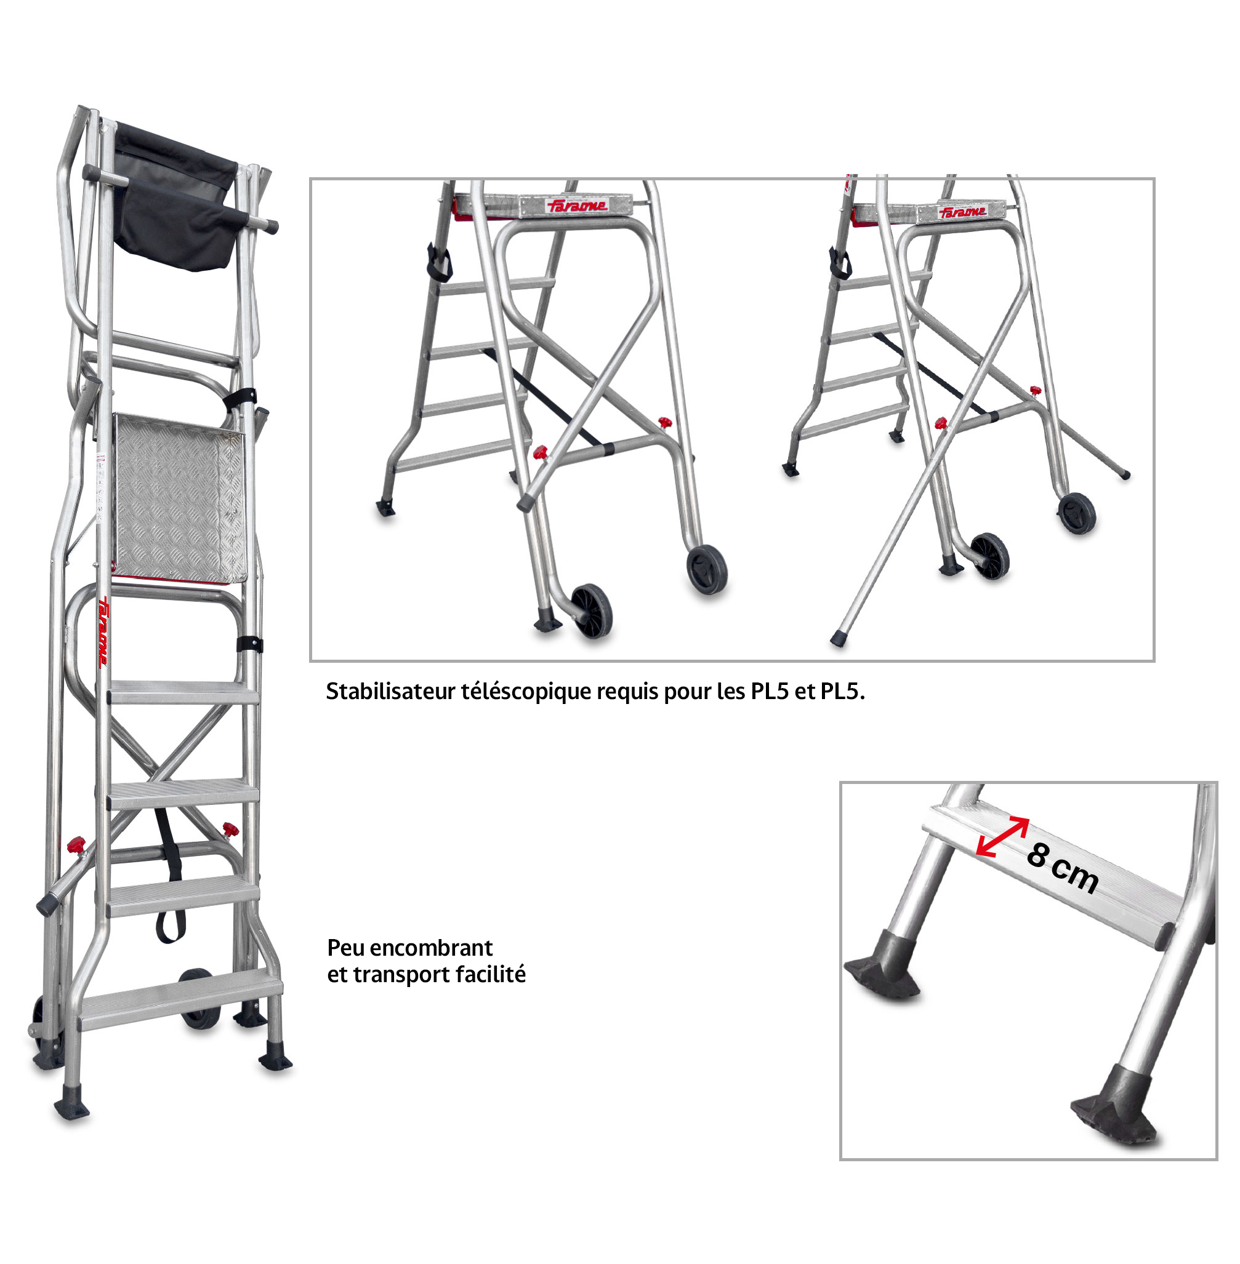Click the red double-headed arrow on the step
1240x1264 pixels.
1002,836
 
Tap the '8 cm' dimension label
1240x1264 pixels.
1062,868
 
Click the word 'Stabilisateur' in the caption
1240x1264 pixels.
390,691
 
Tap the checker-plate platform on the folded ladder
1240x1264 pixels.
180,498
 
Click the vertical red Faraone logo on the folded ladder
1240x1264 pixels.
103,631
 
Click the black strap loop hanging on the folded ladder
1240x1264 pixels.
169,876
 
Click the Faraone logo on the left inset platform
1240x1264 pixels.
577,206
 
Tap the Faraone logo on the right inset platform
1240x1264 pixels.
962,212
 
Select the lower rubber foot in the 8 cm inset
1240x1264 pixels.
1115,1105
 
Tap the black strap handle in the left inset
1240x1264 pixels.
439,262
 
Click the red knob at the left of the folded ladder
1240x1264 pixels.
76,845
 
